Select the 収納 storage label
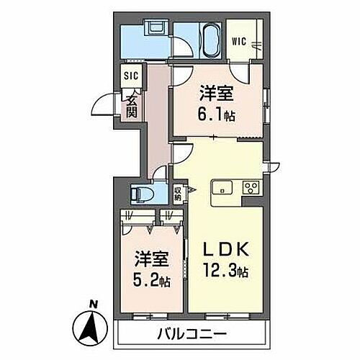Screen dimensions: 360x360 click(x=178, y=194)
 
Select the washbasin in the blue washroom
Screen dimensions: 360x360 click(x=154, y=30)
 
